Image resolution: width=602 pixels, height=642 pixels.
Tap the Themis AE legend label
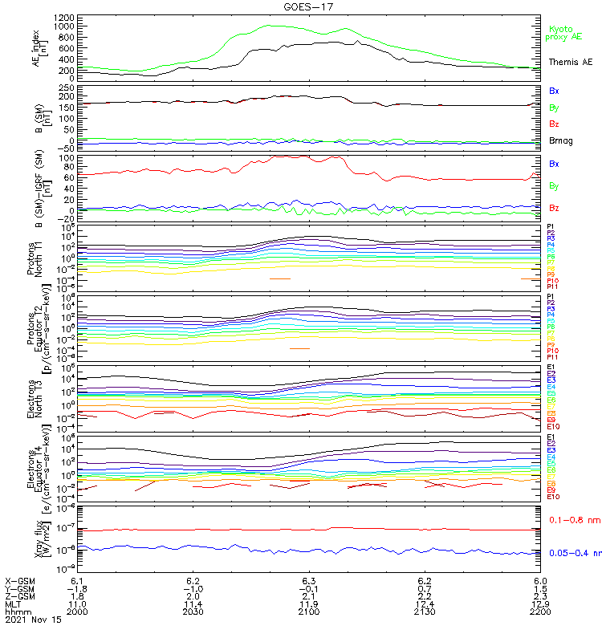coord(569,62)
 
